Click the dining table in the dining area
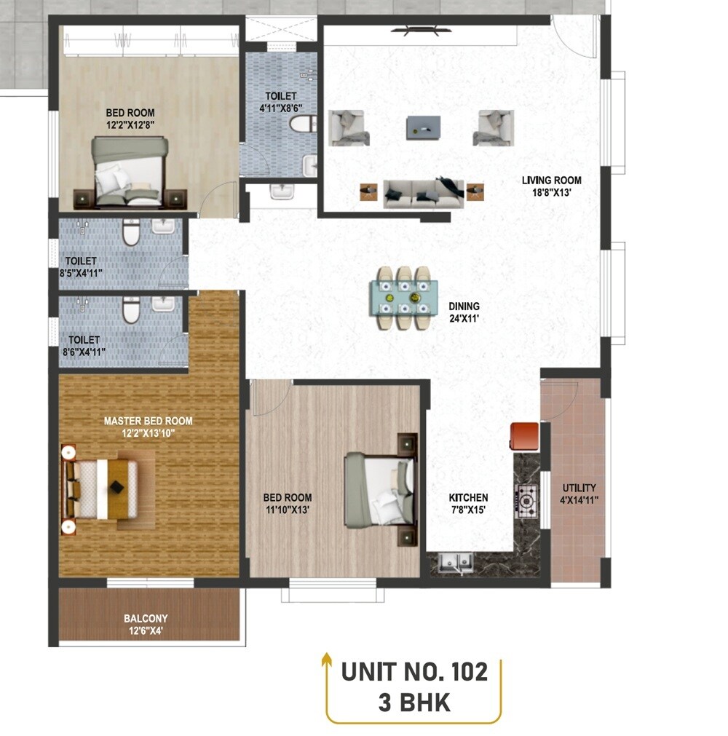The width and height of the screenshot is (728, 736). (x=404, y=298)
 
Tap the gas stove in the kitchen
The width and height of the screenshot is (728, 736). (x=526, y=501)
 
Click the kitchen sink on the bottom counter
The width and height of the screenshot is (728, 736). (x=455, y=562)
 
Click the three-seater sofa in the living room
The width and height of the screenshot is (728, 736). (x=422, y=194)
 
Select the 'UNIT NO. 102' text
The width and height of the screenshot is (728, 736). (x=414, y=671)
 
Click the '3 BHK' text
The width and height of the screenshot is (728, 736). (x=414, y=703)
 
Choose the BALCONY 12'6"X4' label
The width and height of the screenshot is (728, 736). (x=146, y=625)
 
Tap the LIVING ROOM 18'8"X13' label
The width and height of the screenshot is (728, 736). (x=551, y=186)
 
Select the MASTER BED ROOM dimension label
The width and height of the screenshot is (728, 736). (x=148, y=427)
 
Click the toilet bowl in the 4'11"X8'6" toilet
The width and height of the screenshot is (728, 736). (x=299, y=124)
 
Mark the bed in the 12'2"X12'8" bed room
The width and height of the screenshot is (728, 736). (x=130, y=172)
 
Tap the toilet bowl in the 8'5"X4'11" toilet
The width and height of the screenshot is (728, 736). (x=130, y=234)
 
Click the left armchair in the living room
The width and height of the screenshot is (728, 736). (x=347, y=127)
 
